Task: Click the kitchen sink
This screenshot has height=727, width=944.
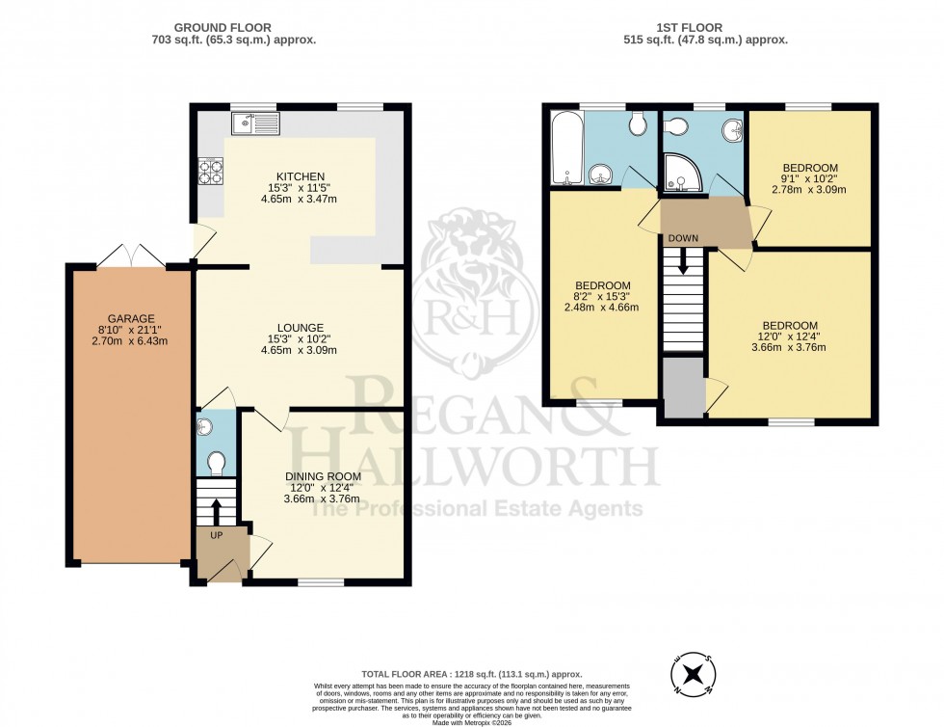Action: [x=254, y=122]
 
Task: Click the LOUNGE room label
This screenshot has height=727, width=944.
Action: [x=297, y=327]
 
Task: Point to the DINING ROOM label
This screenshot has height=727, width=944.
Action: [x=323, y=475]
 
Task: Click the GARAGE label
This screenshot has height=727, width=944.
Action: [x=131, y=318]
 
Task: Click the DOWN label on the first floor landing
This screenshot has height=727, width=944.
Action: [x=683, y=237]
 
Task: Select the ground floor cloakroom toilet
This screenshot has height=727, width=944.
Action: [x=215, y=463]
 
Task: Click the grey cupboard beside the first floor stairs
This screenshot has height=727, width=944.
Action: [x=684, y=387]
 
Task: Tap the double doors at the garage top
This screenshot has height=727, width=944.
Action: [x=132, y=254]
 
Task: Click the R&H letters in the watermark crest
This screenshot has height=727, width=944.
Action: [x=471, y=314]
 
